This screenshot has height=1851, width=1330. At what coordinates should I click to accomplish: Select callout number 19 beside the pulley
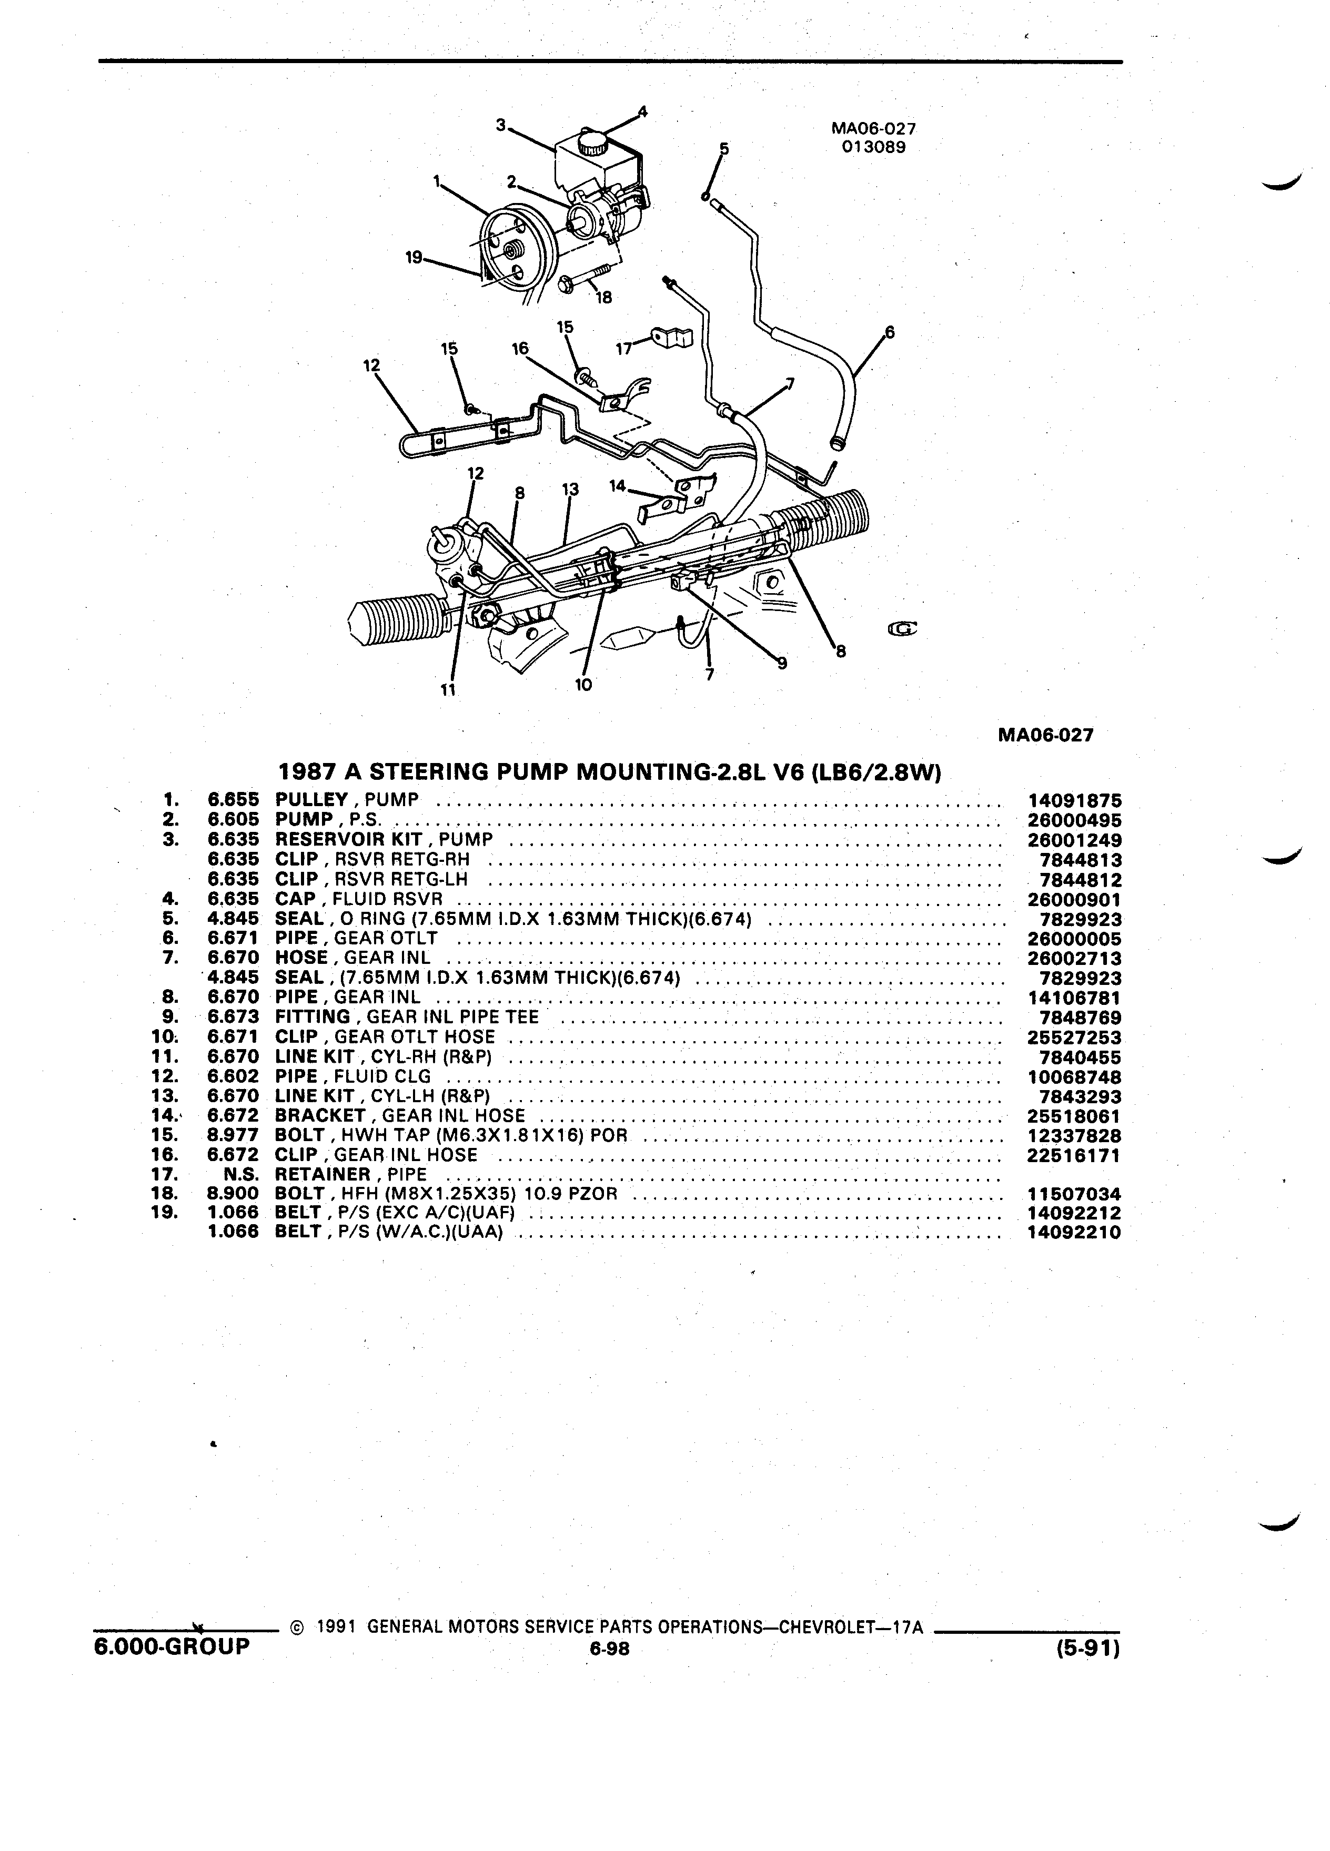pyautogui.click(x=415, y=258)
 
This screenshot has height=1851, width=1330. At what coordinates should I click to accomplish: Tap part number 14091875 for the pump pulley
pyautogui.click(x=1074, y=801)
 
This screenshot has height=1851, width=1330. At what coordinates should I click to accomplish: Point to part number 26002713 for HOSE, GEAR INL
pyautogui.click(x=1074, y=958)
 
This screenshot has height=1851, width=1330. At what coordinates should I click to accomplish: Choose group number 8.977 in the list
pyautogui.click(x=234, y=1136)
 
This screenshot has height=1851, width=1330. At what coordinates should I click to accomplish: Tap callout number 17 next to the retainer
pyautogui.click(x=624, y=349)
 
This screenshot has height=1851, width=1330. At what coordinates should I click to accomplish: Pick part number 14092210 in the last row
pyautogui.click(x=1074, y=1233)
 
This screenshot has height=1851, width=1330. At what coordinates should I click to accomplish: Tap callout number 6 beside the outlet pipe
pyautogui.click(x=889, y=332)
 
